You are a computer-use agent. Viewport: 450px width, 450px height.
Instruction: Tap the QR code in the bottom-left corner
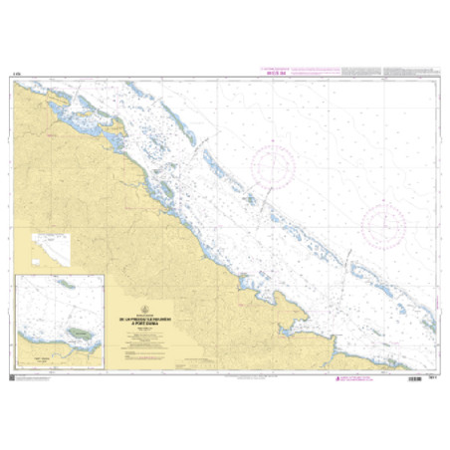(11, 376)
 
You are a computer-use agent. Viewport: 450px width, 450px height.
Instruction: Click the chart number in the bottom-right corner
(433, 375)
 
